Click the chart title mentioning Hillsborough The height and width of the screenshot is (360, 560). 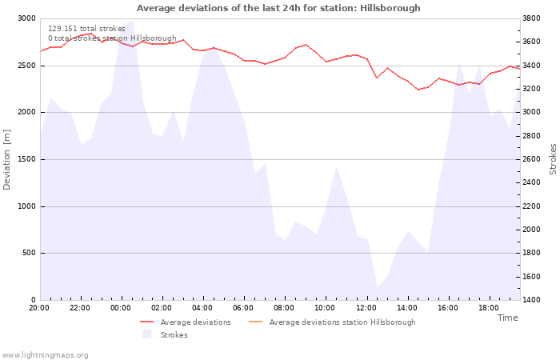tap(278, 8)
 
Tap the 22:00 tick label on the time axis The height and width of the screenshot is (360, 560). tap(80, 308)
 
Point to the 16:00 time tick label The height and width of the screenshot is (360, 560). tap(447, 308)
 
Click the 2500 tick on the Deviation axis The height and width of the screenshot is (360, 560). tap(27, 66)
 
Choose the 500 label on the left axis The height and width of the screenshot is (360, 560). tap(30, 253)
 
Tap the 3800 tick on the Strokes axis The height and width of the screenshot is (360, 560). tap(531, 18)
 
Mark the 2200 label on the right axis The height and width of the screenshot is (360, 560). tap(531, 206)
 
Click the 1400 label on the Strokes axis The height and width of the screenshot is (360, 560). tap(531, 300)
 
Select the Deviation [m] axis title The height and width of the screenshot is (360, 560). tap(6, 159)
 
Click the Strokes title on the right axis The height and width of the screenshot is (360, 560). tap(553, 159)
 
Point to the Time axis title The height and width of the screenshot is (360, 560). tap(507, 318)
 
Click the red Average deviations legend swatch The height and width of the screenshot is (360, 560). tap(146, 322)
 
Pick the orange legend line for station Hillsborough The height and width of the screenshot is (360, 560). tap(255, 322)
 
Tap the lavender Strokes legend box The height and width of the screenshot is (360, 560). tap(146, 334)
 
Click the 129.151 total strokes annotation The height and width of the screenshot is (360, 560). tap(86, 29)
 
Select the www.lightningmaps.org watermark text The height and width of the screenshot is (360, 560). tap(45, 355)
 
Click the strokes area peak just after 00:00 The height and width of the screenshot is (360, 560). tap(133, 20)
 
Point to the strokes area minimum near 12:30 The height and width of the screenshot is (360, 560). tap(378, 286)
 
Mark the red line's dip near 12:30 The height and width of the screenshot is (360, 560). tap(377, 78)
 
